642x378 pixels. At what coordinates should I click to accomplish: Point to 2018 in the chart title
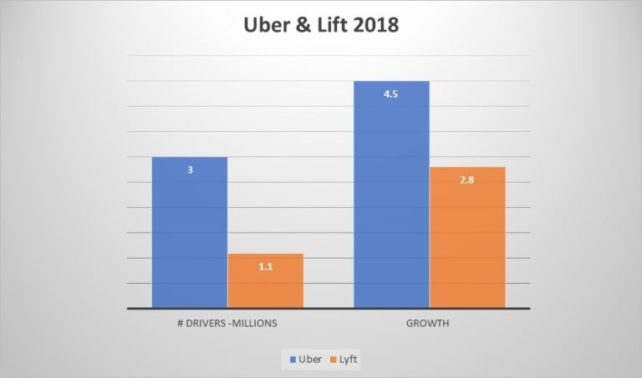(377, 26)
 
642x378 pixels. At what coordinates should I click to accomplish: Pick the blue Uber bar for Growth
(391, 200)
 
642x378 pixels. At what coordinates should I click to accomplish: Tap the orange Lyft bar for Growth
(467, 242)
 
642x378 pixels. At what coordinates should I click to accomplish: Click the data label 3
(190, 170)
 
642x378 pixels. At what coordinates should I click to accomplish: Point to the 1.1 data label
(265, 267)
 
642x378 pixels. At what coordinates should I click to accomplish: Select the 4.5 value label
(390, 94)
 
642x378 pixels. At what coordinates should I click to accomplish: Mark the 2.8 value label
(466, 180)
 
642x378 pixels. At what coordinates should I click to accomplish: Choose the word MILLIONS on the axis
(255, 324)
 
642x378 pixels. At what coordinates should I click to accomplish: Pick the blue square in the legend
(293, 359)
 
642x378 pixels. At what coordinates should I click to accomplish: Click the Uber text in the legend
(310, 359)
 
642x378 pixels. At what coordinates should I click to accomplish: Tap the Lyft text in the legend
(350, 359)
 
